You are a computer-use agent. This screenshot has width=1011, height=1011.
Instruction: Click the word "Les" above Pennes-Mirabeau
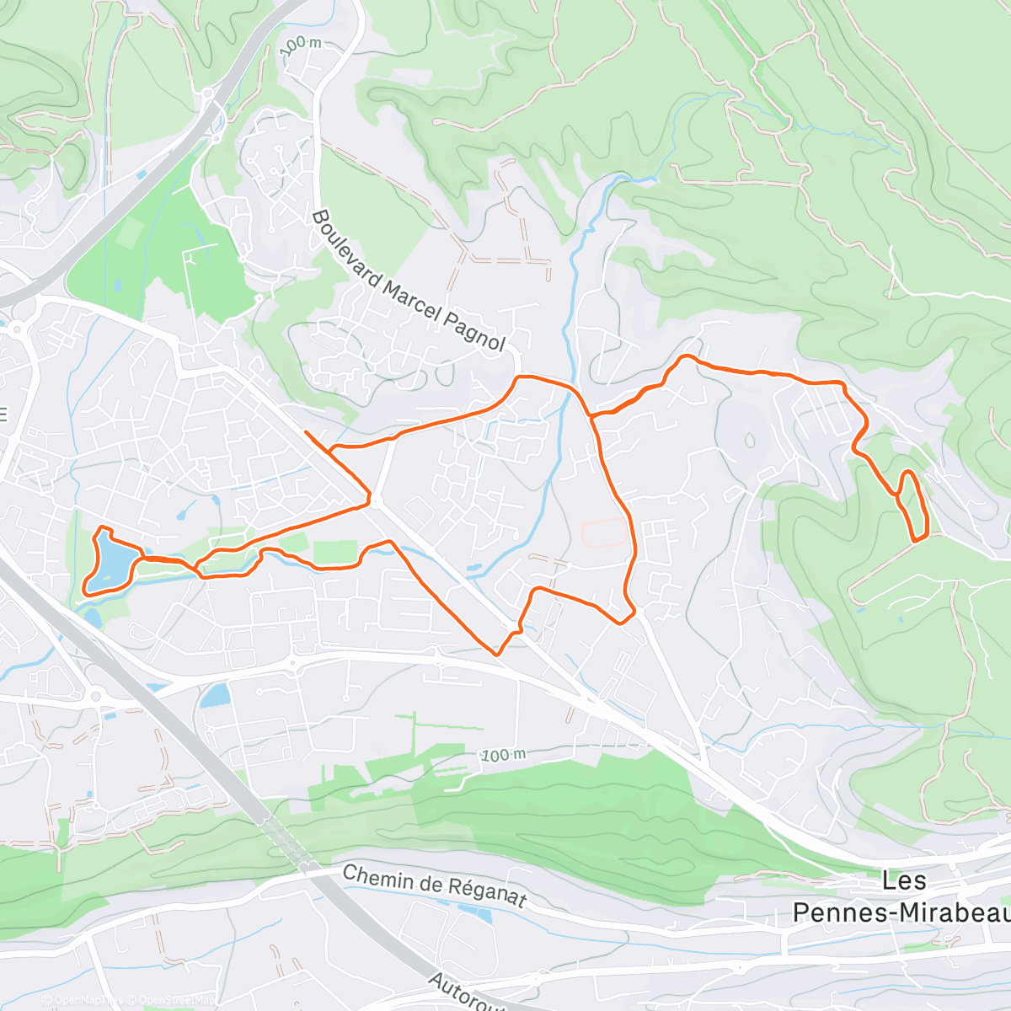coord(904,881)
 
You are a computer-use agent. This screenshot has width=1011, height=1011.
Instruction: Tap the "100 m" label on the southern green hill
coord(503,755)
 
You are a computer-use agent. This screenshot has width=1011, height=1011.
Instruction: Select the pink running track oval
coord(605,532)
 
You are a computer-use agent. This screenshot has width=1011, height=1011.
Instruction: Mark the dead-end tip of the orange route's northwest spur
coord(305,432)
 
